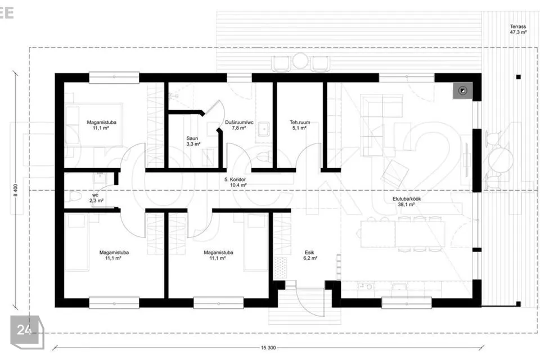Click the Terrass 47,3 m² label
[518, 29]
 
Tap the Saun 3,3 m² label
[193, 141]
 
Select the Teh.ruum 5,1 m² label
[299, 125]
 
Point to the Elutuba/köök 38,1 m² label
[406, 201]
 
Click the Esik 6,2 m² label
[309, 255]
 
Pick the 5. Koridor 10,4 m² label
[236, 182]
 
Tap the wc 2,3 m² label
[96, 198]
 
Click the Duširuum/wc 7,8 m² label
[239, 125]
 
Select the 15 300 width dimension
[268, 348]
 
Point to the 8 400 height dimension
[15, 190]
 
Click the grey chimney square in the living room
[462, 91]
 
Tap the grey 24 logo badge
[24, 330]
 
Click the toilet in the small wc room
[74, 197]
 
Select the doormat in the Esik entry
[280, 267]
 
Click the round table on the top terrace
[300, 61]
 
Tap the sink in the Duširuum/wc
[264, 129]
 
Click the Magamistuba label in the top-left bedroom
[101, 122]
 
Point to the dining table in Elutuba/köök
[403, 234]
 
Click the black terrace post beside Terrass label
[518, 77]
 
